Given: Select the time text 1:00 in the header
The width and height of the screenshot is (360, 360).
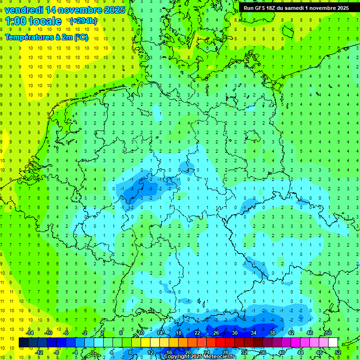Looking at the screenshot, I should tap(17, 21).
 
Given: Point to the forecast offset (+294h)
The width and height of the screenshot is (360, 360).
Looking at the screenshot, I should tap(83, 21).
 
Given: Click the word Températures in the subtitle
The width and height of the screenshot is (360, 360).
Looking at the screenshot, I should tap(28, 37).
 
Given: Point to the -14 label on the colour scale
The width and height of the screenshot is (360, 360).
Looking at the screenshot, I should tap(30, 333).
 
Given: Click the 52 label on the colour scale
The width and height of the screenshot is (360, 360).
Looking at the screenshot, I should tap(338, 352).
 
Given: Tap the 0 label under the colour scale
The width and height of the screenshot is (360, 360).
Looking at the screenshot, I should tap(92, 352).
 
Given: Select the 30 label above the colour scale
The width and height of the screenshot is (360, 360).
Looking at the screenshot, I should tap(234, 333).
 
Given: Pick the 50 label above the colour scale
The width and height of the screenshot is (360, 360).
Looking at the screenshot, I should tap(328, 333).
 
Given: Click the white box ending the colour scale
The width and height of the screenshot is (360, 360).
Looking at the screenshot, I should tap(333, 343).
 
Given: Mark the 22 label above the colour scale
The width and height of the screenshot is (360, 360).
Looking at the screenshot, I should tap(197, 333).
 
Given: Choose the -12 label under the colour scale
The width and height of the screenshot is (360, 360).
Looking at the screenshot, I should tap(39, 352).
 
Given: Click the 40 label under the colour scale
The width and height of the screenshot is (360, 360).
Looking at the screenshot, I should tap(282, 352).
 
